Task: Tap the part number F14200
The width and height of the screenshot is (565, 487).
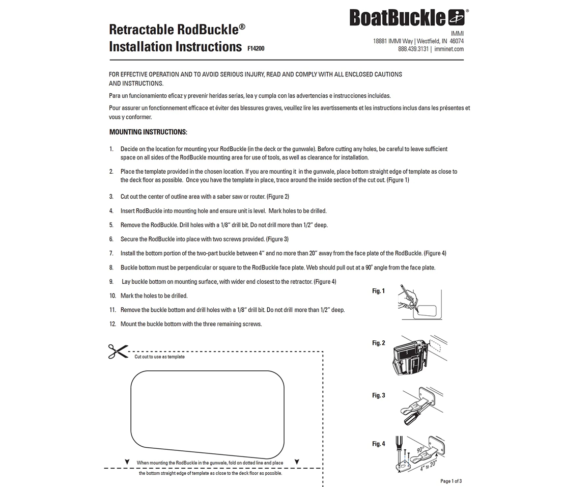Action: point(256,49)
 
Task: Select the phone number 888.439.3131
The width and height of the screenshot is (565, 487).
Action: point(413,49)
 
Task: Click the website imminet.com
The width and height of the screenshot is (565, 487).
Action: point(449,49)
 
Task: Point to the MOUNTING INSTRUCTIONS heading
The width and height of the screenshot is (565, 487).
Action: point(148,132)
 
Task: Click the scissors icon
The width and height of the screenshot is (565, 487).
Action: point(118,351)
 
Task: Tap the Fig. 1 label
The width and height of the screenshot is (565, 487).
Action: point(378,291)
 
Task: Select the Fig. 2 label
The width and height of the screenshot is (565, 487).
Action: point(378,343)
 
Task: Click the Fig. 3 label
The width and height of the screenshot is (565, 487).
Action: point(378,396)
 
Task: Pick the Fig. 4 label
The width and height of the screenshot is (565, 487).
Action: point(378,444)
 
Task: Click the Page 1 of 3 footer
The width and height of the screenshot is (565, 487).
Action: point(451,481)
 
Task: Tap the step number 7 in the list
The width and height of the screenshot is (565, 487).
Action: point(111,253)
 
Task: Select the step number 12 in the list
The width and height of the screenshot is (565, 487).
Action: point(112,324)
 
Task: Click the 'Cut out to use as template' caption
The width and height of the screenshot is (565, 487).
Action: point(159,357)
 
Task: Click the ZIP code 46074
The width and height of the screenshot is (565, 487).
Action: point(457,41)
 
